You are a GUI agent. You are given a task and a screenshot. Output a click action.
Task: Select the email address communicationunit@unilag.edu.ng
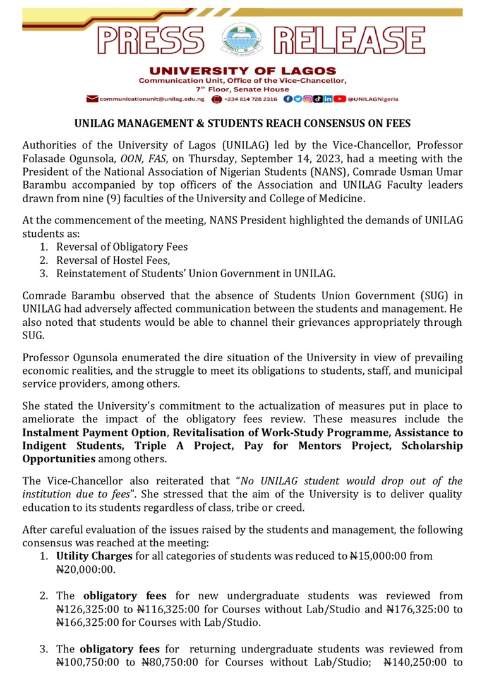152,99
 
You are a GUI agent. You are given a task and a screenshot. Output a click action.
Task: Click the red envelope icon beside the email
92,99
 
